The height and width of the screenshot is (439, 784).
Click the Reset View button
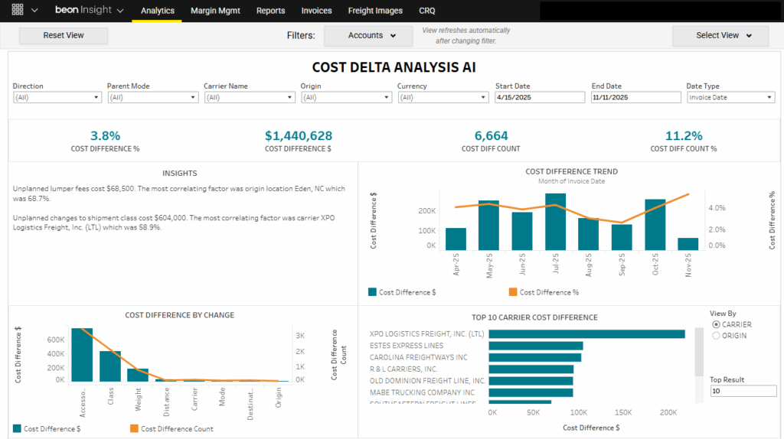(x=64, y=35)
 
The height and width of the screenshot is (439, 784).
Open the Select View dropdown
(x=720, y=35)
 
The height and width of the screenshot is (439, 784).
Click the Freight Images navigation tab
(x=375, y=11)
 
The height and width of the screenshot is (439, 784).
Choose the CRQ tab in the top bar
(x=427, y=11)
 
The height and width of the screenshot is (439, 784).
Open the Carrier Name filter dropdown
(x=249, y=97)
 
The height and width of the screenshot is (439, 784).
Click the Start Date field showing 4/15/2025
(x=539, y=97)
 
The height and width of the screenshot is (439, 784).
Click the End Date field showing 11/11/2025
(x=635, y=97)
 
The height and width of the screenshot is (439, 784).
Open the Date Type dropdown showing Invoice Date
(x=730, y=97)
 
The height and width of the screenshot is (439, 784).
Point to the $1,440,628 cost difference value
(x=299, y=136)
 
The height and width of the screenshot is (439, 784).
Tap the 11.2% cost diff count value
(x=683, y=136)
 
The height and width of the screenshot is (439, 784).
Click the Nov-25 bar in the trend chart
(x=688, y=244)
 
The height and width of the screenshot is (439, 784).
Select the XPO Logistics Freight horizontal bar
(x=586, y=333)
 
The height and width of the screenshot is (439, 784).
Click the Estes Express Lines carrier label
(x=406, y=346)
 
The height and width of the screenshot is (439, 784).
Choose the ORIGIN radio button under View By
(x=717, y=335)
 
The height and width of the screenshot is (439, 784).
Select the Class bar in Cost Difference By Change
(x=110, y=366)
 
